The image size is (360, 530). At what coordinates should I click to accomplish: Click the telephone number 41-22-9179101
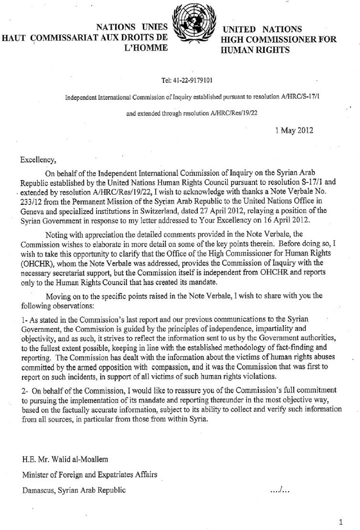point(190,80)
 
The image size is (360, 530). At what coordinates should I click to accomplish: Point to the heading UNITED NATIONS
point(263,30)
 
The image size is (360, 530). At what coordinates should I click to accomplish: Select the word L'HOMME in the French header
point(146,47)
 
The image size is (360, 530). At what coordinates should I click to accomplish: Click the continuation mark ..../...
point(280,490)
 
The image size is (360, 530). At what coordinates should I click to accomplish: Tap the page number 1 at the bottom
point(340,522)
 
